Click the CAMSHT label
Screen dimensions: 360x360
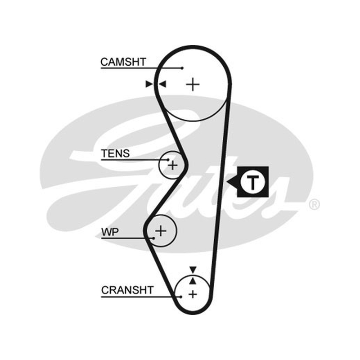pyautogui.click(x=123, y=62)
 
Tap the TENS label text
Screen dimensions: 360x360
pyautogui.click(x=116, y=153)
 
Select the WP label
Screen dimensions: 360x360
pyautogui.click(x=110, y=232)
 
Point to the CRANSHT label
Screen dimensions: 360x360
pyautogui.click(x=127, y=290)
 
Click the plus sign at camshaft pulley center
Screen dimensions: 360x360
pyautogui.click(x=193, y=85)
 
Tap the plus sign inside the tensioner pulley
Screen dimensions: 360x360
pyautogui.click(x=173, y=165)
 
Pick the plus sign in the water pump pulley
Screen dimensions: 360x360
pyautogui.click(x=161, y=230)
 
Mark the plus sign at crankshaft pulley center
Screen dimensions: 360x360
pyautogui.click(x=193, y=294)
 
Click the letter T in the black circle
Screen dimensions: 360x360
pyautogui.click(x=252, y=182)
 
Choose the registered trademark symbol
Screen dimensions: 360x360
pyautogui.click(x=314, y=204)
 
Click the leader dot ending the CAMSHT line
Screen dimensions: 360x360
pyautogui.click(x=182, y=68)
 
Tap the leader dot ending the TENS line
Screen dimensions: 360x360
pyautogui.click(x=168, y=160)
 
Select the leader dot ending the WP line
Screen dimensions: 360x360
pyautogui.click(x=153, y=238)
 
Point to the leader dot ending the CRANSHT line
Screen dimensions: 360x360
pyautogui.click(x=181, y=297)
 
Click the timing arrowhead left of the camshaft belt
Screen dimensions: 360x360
pyautogui.click(x=149, y=84)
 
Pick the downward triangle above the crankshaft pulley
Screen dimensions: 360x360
pyautogui.click(x=193, y=270)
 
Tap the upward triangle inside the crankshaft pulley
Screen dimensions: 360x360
pyautogui.click(x=193, y=281)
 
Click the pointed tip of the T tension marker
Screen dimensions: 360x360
pyautogui.click(x=227, y=182)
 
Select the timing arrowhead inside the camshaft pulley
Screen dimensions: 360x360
pyautogui.click(x=162, y=84)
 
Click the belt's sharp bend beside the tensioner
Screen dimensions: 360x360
pyautogui.click(x=186, y=165)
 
